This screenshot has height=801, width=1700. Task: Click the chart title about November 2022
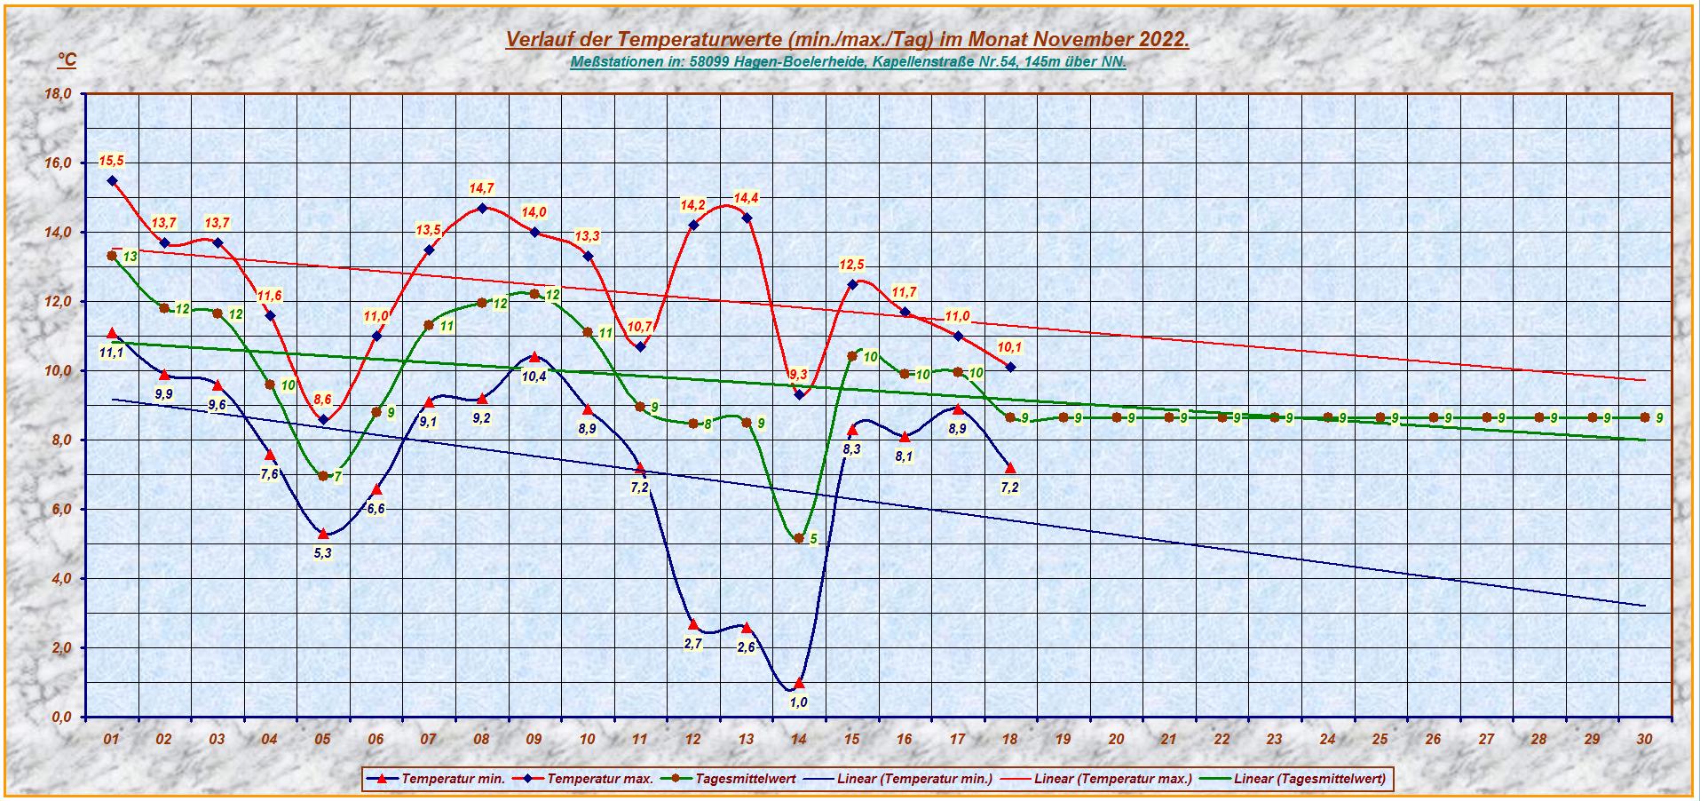click(847, 40)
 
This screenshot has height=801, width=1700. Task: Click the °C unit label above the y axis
click(67, 60)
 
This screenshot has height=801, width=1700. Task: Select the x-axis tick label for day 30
click(1644, 740)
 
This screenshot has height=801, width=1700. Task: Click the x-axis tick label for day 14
click(798, 740)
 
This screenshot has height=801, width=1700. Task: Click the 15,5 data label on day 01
click(111, 161)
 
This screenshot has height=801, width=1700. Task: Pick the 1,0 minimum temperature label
click(798, 702)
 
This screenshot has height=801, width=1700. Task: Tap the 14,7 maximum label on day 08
click(481, 188)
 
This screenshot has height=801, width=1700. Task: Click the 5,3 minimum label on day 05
click(323, 552)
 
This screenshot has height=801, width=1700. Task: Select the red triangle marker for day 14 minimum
click(799, 683)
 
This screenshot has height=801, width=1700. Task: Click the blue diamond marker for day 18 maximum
click(1010, 367)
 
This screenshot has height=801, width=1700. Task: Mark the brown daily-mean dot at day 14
click(799, 538)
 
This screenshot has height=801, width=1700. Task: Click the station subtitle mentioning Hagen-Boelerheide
click(847, 62)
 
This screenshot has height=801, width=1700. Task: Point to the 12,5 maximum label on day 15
click(852, 265)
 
